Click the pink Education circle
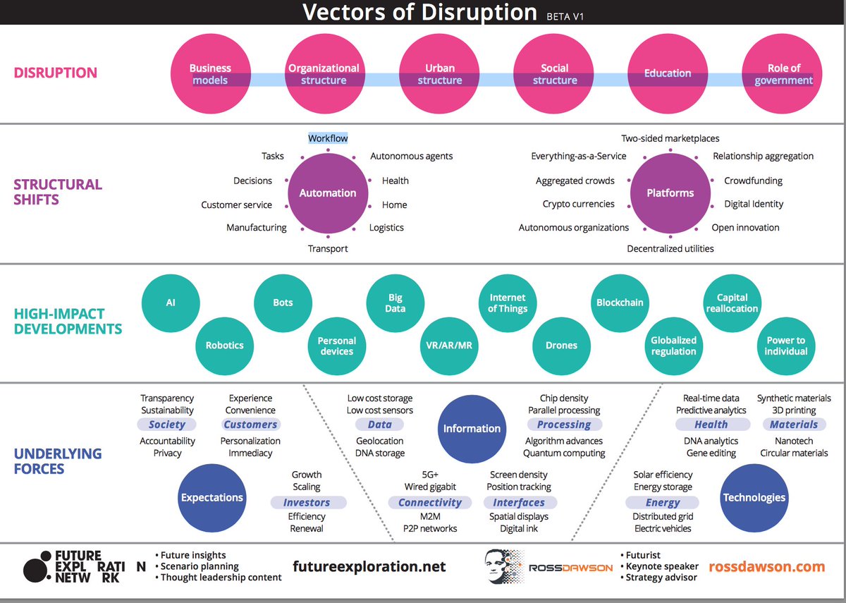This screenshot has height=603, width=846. point(668,73)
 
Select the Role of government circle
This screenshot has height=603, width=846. point(783,73)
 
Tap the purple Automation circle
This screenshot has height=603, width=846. point(328,193)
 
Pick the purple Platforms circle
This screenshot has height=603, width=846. point(670,193)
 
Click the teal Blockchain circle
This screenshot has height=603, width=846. point(620,303)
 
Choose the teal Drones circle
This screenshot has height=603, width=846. point(561,346)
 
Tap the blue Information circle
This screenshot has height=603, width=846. point(472,428)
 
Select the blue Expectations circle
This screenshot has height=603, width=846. point(211,497)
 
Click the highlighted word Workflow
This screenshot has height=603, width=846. point(328,138)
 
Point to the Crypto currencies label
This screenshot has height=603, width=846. point(579,204)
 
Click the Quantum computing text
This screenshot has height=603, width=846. point(564,453)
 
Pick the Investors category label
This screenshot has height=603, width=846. point(307,503)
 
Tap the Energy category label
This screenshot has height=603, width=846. point(663,503)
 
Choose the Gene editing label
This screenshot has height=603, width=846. point(711,453)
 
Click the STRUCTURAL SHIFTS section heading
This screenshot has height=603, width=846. point(58,192)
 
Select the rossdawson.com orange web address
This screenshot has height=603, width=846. point(766,566)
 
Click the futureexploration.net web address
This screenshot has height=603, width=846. point(369,566)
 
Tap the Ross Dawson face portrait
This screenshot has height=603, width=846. point(505,566)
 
